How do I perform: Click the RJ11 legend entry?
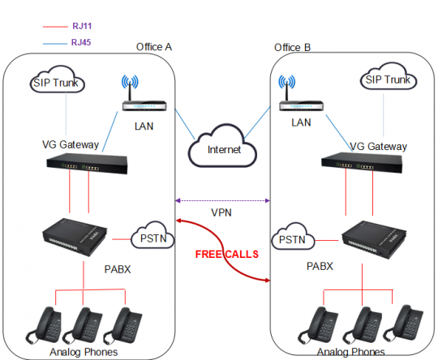pos(80,27)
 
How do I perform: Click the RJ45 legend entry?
pos(80,41)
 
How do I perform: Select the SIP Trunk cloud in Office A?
pos(58,83)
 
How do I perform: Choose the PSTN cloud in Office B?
pos(292,240)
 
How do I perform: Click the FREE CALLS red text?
pos(226,254)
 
